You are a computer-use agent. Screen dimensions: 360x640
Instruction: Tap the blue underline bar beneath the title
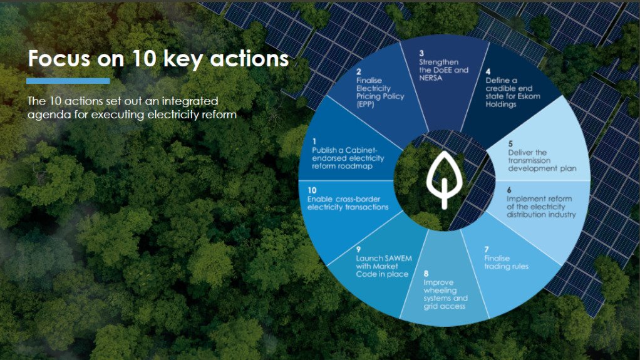point(68,81)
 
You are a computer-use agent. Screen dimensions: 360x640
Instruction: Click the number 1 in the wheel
point(314,142)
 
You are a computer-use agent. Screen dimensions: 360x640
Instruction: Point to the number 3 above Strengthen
point(421,54)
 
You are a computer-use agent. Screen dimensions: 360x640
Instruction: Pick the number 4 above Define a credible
point(488,72)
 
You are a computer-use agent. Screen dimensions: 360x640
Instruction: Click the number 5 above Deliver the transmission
point(510,144)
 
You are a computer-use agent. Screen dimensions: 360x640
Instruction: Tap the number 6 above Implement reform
point(508,190)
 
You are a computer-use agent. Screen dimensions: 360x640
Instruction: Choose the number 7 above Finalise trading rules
point(487,249)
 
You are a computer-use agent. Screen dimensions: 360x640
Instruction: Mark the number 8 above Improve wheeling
point(426,274)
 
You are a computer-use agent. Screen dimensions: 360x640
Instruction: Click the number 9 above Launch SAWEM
point(359,249)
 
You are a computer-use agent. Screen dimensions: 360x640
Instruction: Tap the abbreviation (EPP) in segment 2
point(365,105)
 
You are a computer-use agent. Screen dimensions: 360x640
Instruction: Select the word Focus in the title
point(55,59)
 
